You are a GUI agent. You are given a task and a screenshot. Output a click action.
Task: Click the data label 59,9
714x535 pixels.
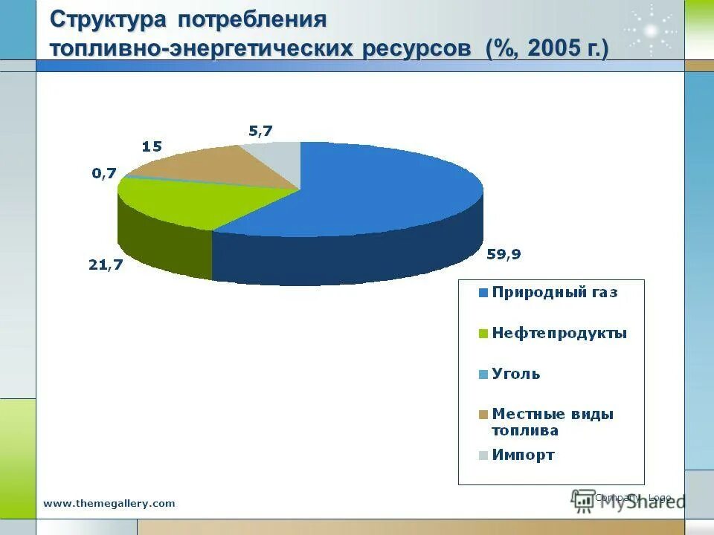pos(504,254)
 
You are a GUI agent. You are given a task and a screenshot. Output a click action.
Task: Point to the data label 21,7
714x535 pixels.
pos(105,265)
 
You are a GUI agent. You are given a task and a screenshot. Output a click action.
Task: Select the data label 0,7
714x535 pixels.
pos(104,173)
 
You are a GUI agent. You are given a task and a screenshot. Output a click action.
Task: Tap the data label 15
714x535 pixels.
pos(152,146)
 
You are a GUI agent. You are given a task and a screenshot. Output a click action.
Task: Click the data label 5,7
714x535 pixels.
pos(260,131)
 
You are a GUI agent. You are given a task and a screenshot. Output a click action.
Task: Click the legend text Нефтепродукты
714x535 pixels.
pos(559,333)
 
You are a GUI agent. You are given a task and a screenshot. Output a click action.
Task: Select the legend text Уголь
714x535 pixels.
pos(516,374)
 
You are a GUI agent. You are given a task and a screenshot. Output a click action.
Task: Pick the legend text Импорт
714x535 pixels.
pos(523,455)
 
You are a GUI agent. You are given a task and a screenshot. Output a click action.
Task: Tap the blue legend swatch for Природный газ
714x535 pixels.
pos(483,293)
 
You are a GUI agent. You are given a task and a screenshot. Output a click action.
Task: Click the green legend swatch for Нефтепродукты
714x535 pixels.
pos(483,334)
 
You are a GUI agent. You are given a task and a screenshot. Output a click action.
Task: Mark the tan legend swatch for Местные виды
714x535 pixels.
pos(483,415)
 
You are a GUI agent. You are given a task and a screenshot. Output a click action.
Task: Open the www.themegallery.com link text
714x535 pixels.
pos(109,503)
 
